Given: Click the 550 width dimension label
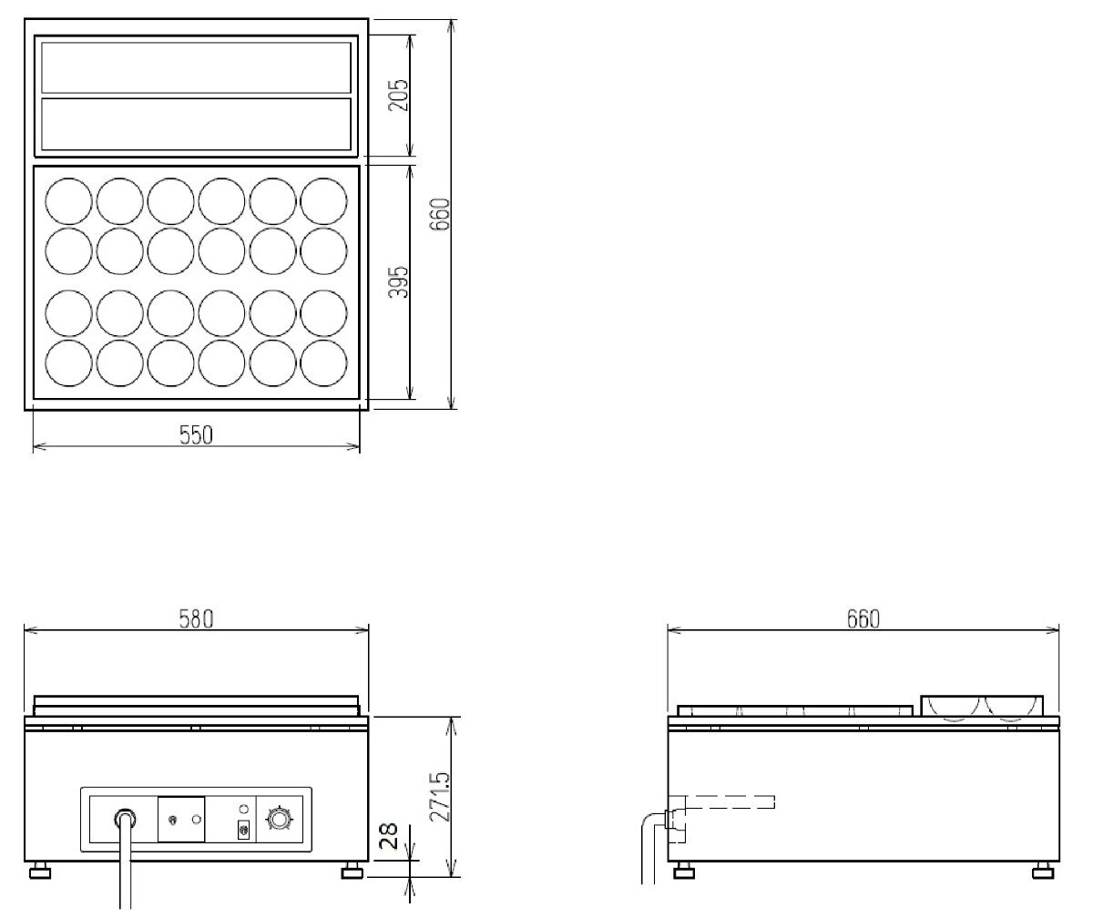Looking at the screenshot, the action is coord(197,435).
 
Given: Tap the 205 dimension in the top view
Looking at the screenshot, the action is coord(398,95).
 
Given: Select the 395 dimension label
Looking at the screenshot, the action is coord(398,282).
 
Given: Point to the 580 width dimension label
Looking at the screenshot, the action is coord(197,619).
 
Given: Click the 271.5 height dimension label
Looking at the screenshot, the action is coord(440,797).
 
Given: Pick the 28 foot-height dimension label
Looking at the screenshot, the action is coord(389,836).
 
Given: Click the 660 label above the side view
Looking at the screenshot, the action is coord(863,619).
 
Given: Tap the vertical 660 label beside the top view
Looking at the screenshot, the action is coord(440,214).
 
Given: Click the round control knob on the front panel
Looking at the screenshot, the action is coord(279,819).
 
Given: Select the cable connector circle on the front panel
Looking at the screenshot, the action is coord(125,819).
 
